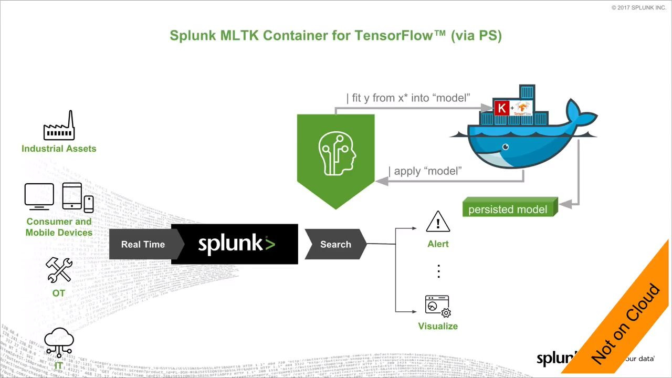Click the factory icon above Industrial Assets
(x=59, y=126)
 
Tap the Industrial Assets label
(x=59, y=149)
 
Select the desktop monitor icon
(x=39, y=196)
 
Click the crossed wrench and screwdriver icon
(x=59, y=270)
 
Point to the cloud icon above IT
(x=59, y=341)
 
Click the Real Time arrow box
(x=143, y=244)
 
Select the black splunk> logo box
(x=235, y=244)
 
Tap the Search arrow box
(x=335, y=244)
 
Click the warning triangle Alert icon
(x=438, y=222)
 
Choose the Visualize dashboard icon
(x=438, y=306)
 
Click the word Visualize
(x=438, y=326)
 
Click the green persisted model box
(x=508, y=209)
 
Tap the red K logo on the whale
(x=502, y=109)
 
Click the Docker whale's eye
(x=506, y=148)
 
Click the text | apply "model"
(x=425, y=171)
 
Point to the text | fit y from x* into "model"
(x=408, y=98)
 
